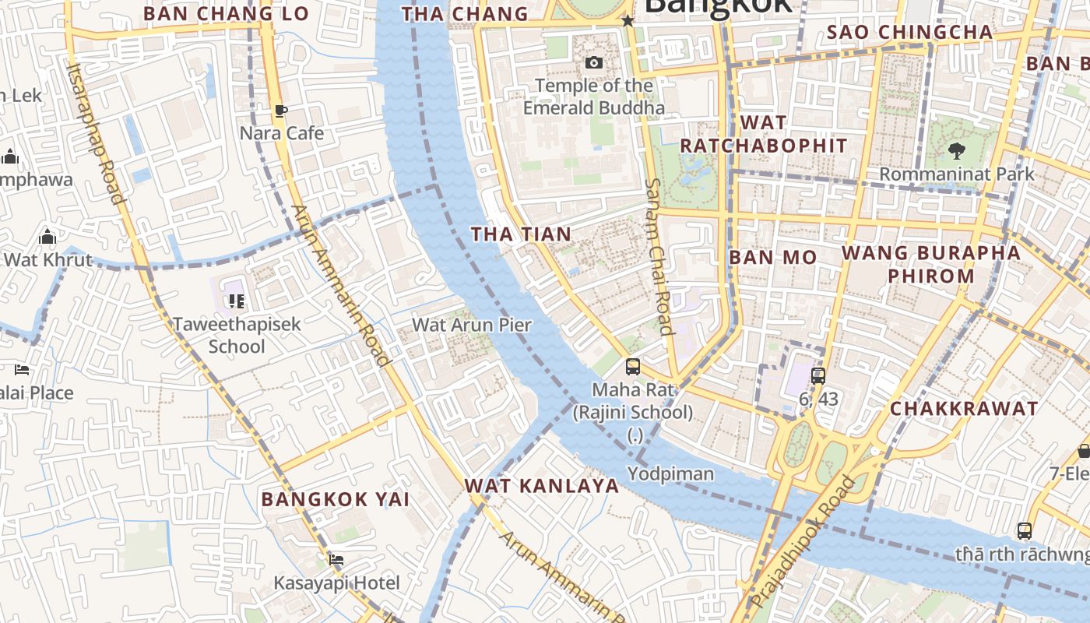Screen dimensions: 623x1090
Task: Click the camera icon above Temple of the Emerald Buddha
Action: [594, 62]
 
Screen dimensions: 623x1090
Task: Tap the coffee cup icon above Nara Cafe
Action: [281, 111]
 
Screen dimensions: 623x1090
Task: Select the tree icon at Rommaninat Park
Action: [957, 151]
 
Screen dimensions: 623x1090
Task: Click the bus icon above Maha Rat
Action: [633, 366]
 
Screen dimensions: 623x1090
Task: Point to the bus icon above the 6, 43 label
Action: [817, 376]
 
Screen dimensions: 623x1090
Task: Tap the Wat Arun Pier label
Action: [471, 325]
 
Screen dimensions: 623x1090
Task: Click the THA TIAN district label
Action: [521, 234]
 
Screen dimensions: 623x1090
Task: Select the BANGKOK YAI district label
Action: [336, 499]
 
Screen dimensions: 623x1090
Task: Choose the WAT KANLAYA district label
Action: [542, 486]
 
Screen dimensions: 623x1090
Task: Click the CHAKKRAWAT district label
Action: [964, 408]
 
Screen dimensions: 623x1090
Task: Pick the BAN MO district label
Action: [773, 257]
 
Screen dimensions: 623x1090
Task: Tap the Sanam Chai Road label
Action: [659, 257]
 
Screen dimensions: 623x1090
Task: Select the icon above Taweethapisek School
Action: [237, 301]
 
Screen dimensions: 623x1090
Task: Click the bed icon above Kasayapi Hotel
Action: [336, 560]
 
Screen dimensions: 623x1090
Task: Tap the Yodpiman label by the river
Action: [670, 473]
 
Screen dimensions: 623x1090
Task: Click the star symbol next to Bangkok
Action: [628, 21]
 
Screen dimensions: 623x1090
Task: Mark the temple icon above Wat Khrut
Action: [47, 237]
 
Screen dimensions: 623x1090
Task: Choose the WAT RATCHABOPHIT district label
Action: [763, 134]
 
